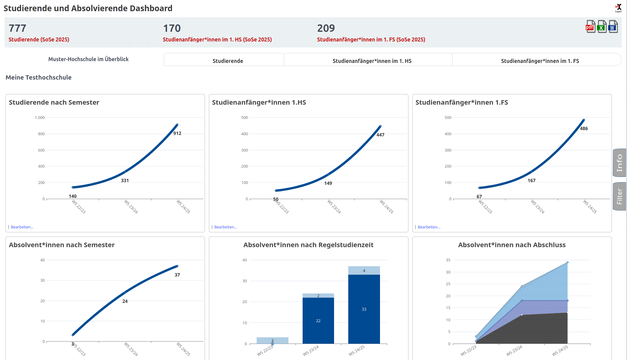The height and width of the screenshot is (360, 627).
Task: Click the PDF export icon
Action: pyautogui.click(x=590, y=27)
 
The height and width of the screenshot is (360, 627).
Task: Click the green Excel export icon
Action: pyautogui.click(x=602, y=27)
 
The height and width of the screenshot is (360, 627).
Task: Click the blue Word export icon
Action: pyautogui.click(x=613, y=27)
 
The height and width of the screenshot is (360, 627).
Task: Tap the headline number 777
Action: pyautogui.click(x=18, y=28)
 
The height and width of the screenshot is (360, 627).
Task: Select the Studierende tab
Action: pyautogui.click(x=227, y=61)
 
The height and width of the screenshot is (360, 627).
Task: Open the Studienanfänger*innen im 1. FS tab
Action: pyautogui.click(x=540, y=61)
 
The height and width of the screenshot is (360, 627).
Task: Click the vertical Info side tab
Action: pyautogui.click(x=619, y=163)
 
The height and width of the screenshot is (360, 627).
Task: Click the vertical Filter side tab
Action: pyautogui.click(x=619, y=196)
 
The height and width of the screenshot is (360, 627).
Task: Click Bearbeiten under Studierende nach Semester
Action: pyautogui.click(x=22, y=227)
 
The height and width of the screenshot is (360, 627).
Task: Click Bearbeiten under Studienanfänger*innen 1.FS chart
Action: pyautogui.click(x=429, y=227)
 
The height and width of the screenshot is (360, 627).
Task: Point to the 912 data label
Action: pyautogui.click(x=177, y=133)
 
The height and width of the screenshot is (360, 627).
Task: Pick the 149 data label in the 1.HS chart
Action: pyautogui.click(x=328, y=183)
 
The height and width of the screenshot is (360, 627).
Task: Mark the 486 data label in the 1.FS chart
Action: pyautogui.click(x=584, y=129)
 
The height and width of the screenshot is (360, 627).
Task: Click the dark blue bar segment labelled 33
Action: pyautogui.click(x=364, y=309)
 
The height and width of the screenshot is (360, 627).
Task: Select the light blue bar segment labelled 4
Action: pyautogui.click(x=364, y=270)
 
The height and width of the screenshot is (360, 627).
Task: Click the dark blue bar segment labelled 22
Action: pyautogui.click(x=318, y=321)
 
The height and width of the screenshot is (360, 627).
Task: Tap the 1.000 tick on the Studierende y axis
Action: pyautogui.click(x=40, y=118)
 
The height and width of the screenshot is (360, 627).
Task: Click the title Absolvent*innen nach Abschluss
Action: pyautogui.click(x=512, y=245)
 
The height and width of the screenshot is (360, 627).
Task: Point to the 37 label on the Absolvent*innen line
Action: pyautogui.click(x=177, y=275)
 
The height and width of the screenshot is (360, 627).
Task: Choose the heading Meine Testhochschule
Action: pyautogui.click(x=38, y=77)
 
